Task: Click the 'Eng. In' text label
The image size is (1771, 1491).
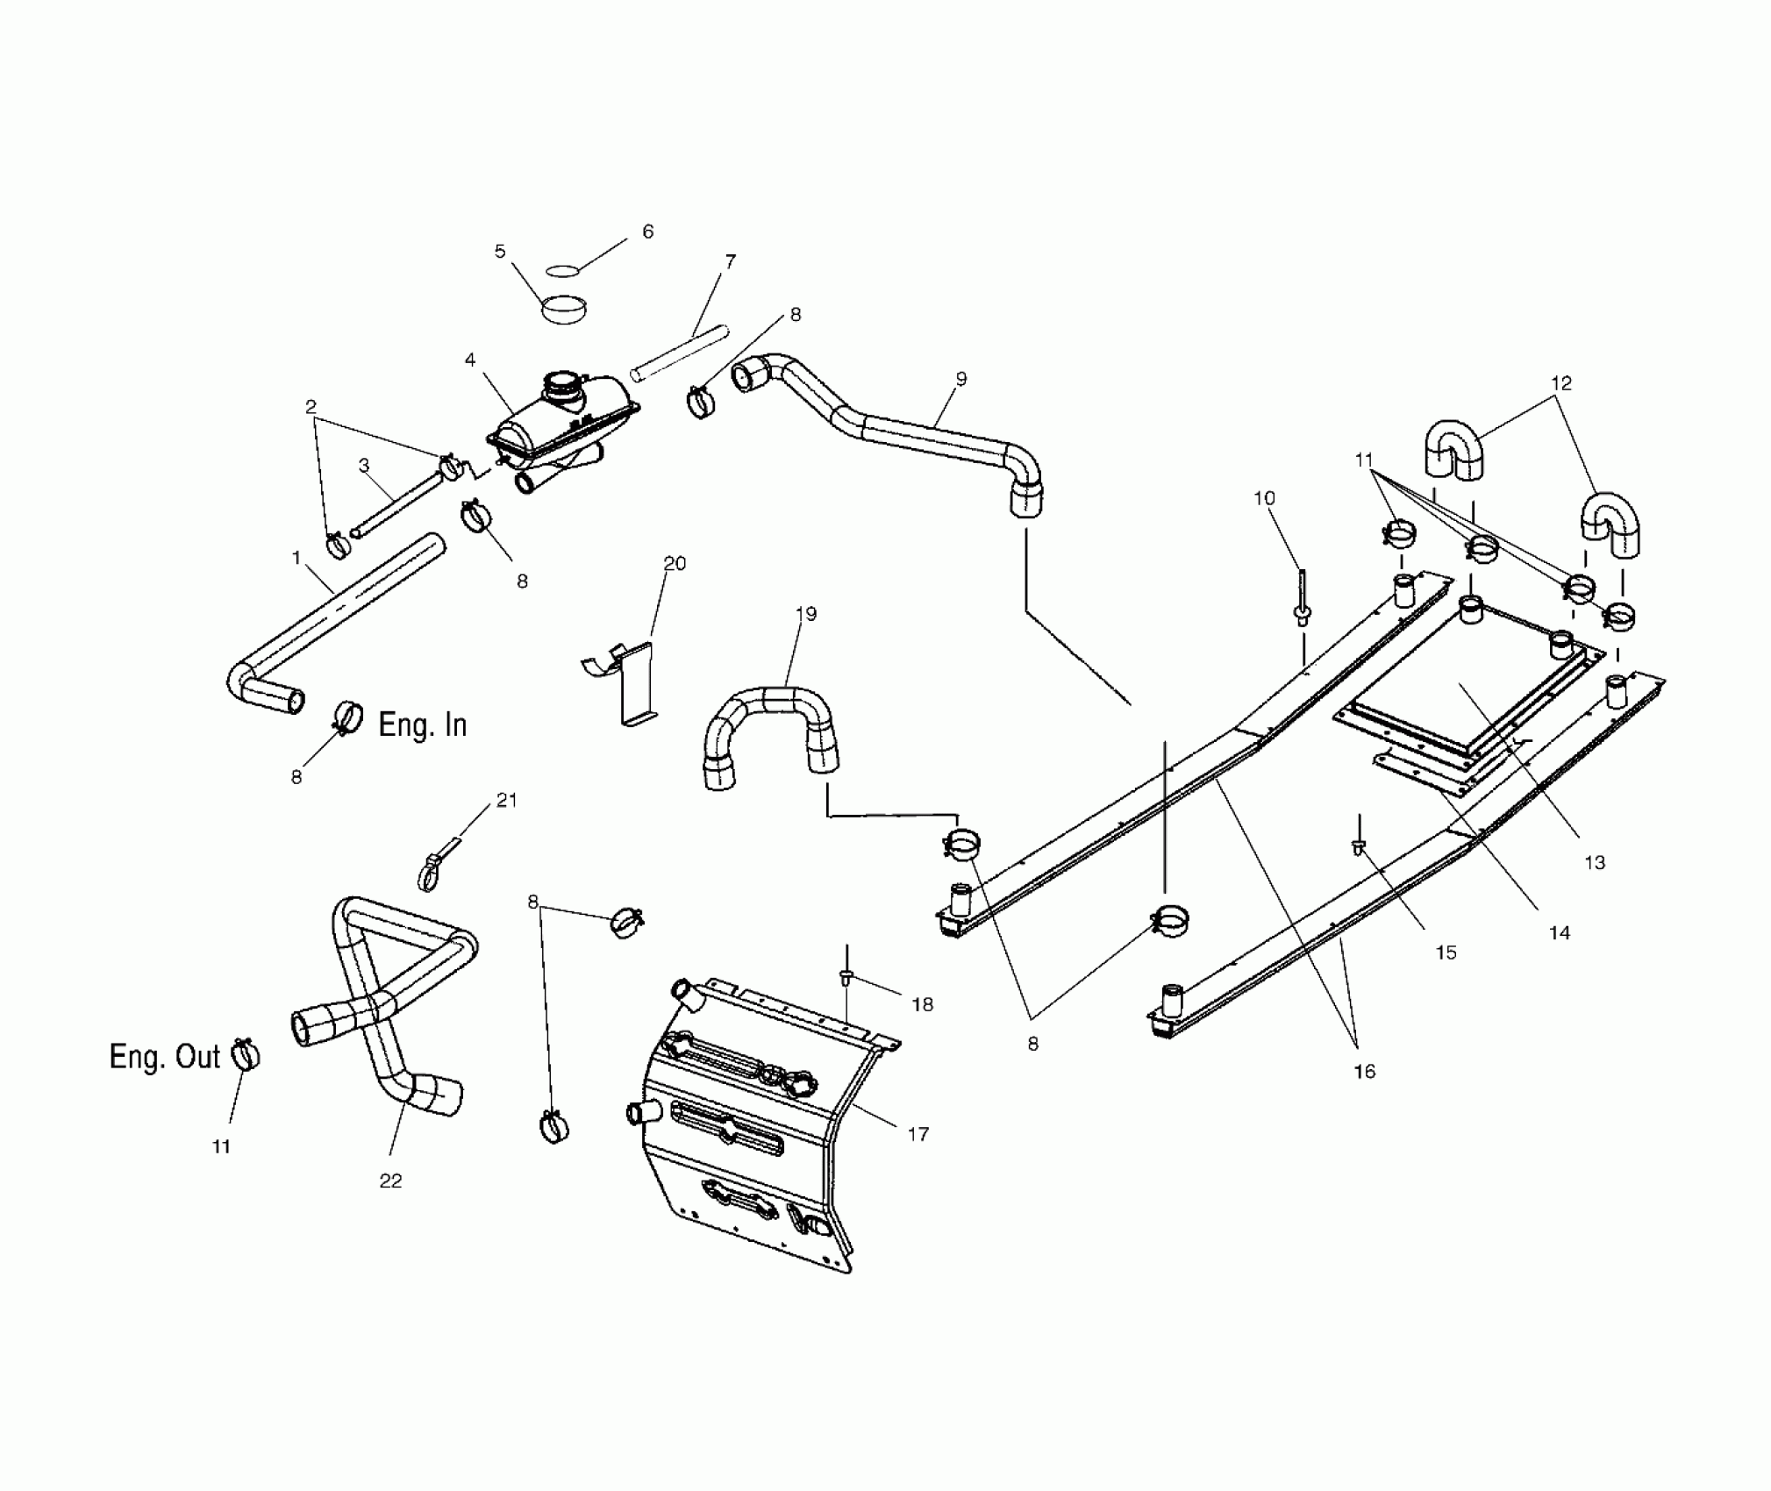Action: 422,725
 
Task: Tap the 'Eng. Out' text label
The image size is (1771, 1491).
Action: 164,1057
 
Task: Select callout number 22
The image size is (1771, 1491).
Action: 390,1181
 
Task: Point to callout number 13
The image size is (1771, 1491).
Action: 1595,863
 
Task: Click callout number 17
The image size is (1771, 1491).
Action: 918,1135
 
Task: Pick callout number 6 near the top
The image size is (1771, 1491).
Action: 648,232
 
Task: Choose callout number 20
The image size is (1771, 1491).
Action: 675,563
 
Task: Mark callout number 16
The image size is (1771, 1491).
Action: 1365,1071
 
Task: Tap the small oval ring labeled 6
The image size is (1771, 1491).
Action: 564,271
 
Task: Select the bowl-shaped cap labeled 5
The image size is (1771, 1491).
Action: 563,310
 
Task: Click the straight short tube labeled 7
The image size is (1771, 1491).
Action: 680,353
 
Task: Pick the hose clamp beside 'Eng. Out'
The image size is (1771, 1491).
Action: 246,1055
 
